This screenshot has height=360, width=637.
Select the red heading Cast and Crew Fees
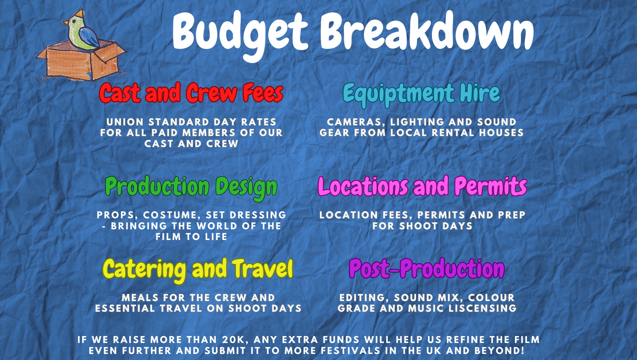(x=191, y=93)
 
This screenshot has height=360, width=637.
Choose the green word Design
(x=246, y=187)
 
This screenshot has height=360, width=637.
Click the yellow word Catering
(x=144, y=270)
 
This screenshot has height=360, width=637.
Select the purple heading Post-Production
(x=427, y=269)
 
